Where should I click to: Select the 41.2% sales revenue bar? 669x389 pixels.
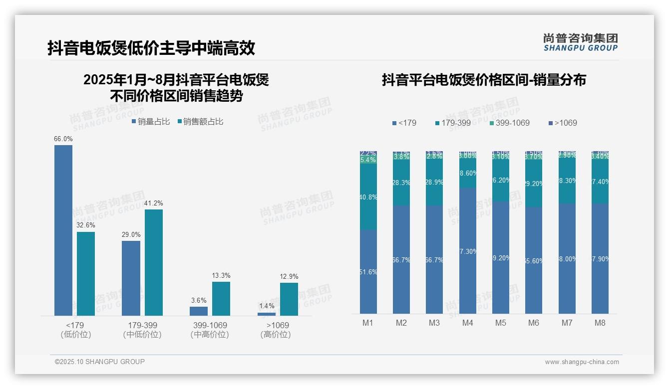pyautogui.click(x=154, y=262)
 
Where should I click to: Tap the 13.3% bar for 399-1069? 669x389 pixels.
pyautogui.click(x=221, y=298)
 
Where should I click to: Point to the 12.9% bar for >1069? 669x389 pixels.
pyautogui.click(x=289, y=299)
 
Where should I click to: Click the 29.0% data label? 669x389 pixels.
pyautogui.click(x=131, y=234)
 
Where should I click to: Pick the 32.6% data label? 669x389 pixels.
pyautogui.click(x=86, y=225)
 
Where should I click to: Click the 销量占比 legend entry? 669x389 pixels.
pyautogui.click(x=151, y=122)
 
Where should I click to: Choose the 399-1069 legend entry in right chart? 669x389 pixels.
pyautogui.click(x=509, y=123)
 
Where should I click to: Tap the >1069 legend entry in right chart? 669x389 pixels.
pyautogui.click(x=563, y=123)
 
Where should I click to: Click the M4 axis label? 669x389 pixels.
pyautogui.click(x=468, y=323)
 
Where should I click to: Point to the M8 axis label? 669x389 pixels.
pyautogui.click(x=600, y=323)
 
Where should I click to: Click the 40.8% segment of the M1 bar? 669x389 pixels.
pyautogui.click(x=368, y=197)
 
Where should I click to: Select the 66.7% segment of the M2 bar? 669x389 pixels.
pyautogui.click(x=401, y=259)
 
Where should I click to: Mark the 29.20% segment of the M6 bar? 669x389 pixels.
pyautogui.click(x=534, y=184)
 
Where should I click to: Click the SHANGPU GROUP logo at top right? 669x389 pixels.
pyautogui.click(x=581, y=42)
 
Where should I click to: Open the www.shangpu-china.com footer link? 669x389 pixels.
pyautogui.click(x=582, y=362)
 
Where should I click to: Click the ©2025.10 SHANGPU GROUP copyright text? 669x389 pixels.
pyautogui.click(x=100, y=362)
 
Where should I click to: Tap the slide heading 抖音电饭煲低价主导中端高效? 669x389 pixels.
pyautogui.click(x=151, y=48)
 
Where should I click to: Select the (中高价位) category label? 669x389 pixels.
pyautogui.click(x=210, y=335)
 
